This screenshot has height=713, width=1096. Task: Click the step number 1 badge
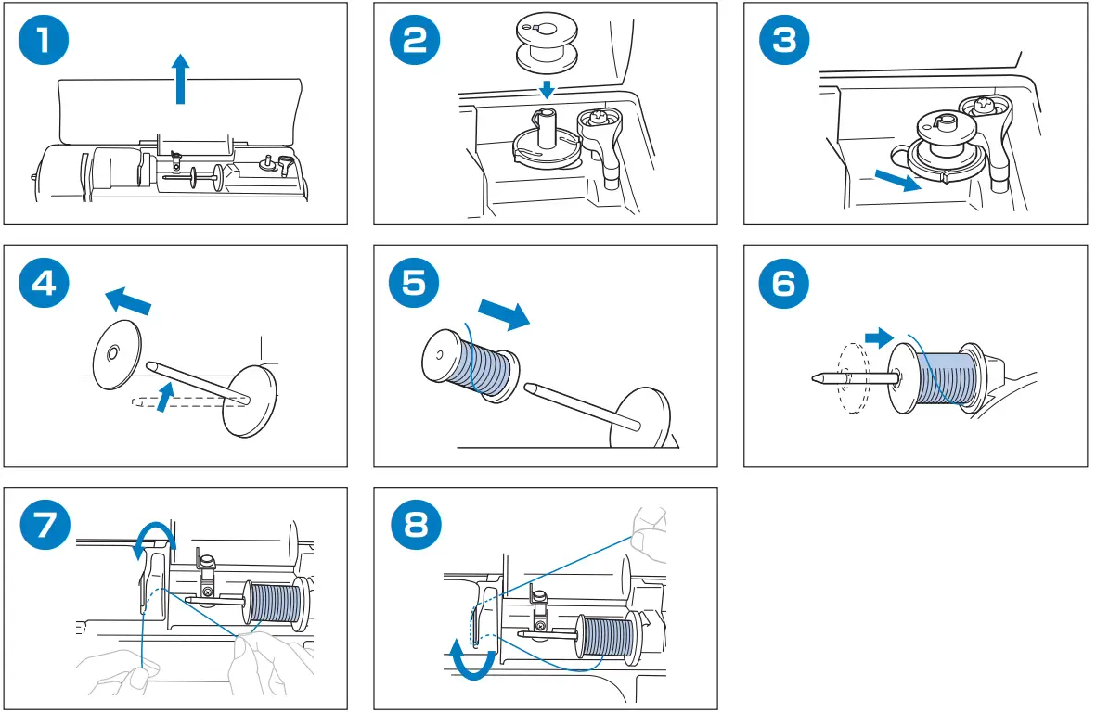[x=45, y=43]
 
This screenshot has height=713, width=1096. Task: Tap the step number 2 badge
[x=415, y=43]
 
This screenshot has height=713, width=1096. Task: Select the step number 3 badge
[x=784, y=43]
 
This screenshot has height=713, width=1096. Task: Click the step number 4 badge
[x=45, y=284]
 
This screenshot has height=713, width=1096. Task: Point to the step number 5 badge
[x=415, y=284]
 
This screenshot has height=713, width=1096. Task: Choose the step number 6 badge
[x=784, y=284]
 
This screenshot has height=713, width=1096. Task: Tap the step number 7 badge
[x=45, y=527]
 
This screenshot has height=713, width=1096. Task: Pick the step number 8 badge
[x=415, y=527]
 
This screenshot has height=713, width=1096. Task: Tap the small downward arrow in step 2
[x=548, y=89]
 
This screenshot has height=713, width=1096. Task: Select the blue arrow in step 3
[x=898, y=178]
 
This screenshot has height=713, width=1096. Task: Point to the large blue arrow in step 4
[x=126, y=299]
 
